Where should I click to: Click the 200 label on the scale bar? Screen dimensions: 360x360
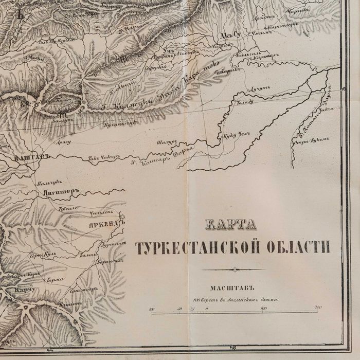click(318, 308)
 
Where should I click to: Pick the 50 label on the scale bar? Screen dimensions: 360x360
click(180, 309)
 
